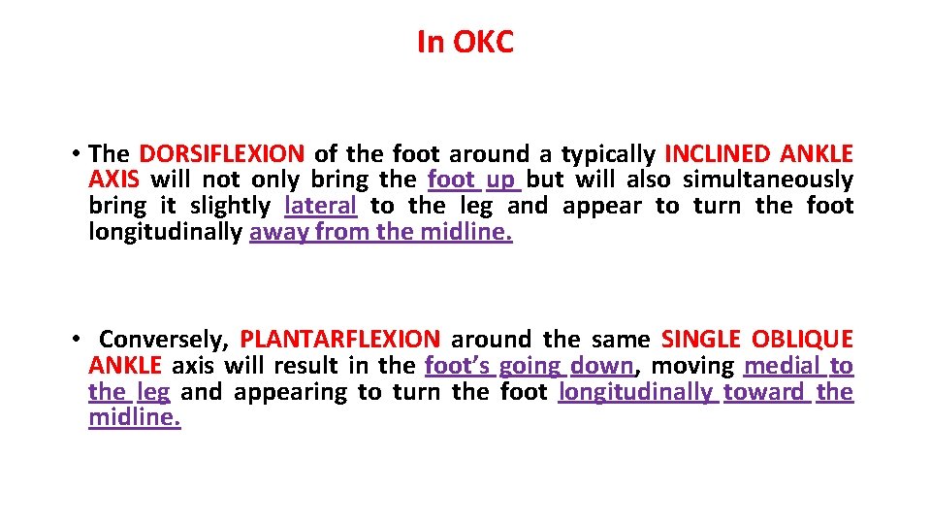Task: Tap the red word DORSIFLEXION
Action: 222,153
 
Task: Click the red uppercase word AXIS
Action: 113,180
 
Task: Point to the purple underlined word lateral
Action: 321,206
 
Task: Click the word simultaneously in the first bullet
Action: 768,180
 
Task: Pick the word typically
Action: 609,153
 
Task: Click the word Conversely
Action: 164,340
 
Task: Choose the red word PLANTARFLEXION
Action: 339,340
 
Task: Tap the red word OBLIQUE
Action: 802,340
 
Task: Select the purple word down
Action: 601,366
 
